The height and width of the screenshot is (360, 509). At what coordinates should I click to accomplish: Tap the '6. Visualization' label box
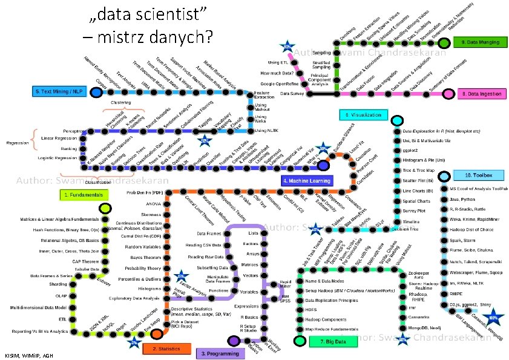coord(363,114)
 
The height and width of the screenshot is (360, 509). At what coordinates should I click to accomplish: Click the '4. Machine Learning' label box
coord(307,180)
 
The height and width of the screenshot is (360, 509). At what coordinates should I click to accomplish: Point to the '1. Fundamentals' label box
coord(84,195)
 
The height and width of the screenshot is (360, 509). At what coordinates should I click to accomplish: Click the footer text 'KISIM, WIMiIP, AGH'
coord(28,355)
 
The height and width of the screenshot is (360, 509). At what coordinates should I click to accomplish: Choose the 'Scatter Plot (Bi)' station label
coord(418,180)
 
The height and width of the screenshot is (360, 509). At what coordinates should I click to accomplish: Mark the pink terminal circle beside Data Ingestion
coord(448,94)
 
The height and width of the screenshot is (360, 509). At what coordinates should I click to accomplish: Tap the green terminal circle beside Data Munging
coord(445,43)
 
